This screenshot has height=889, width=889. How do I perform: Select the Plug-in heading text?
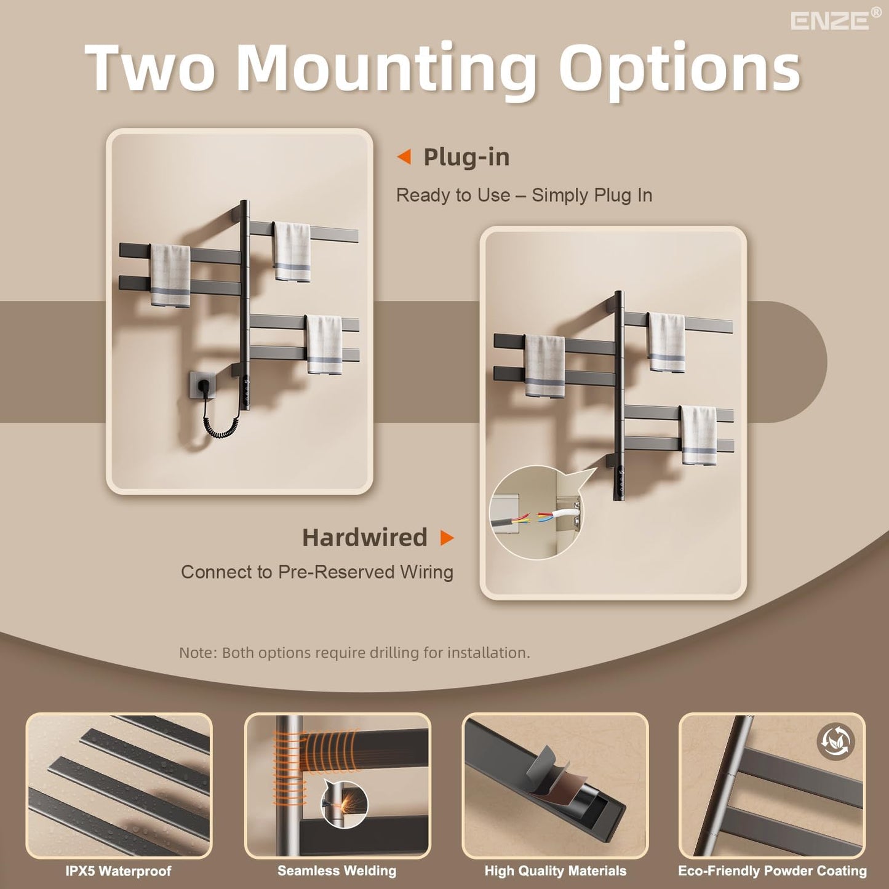pyautogui.click(x=466, y=157)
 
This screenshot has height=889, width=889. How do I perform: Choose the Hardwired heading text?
pyautogui.click(x=364, y=538)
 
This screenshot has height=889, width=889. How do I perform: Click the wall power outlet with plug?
pyautogui.click(x=205, y=389)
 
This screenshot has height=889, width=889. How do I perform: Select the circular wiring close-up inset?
pyautogui.click(x=536, y=513)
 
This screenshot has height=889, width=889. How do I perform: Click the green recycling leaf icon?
pyautogui.click(x=835, y=742)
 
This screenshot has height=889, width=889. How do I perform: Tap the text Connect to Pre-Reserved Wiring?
pyautogui.click(x=317, y=573)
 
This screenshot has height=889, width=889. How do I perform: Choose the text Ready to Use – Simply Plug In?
pyautogui.click(x=524, y=196)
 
